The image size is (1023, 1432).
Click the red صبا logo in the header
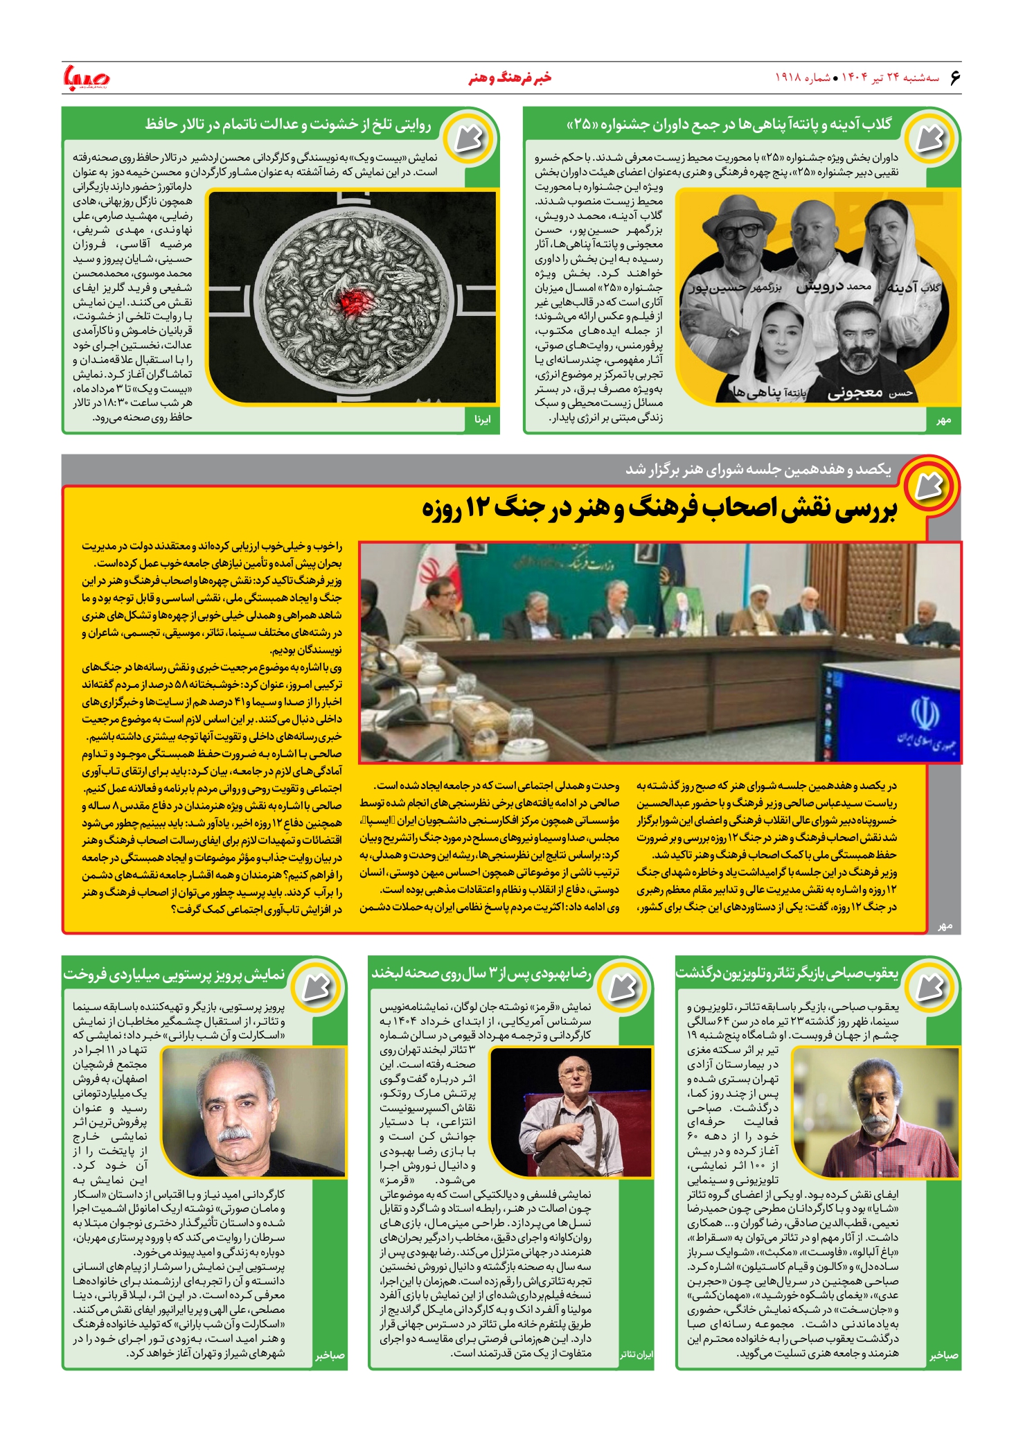(86, 77)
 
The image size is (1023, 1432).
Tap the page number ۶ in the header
(954, 77)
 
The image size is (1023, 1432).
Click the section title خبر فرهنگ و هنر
(510, 78)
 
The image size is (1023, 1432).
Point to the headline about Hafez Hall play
(288, 125)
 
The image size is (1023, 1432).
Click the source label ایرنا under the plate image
(482, 419)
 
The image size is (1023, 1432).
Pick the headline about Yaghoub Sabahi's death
(787, 973)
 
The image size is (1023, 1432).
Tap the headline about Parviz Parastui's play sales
(175, 974)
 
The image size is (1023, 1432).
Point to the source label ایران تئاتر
(635, 1354)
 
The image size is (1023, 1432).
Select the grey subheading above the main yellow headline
(758, 470)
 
